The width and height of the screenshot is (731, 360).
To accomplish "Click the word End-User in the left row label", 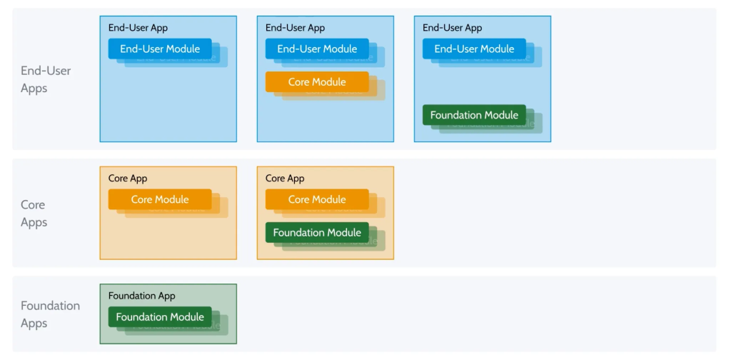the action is pos(46,71).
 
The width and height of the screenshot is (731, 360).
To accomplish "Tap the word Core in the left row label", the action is pos(33,205).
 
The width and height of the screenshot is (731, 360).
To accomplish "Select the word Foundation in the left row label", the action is pos(51,306).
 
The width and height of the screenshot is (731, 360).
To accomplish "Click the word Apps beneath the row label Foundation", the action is pos(34,324).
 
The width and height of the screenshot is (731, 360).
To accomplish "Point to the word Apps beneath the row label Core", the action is pos(34,222).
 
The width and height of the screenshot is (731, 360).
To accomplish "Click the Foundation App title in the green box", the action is pos(142,296).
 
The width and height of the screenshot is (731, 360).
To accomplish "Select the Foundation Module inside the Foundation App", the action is pos(160,317).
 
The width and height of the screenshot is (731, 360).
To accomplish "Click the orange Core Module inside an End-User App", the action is pos(317,82).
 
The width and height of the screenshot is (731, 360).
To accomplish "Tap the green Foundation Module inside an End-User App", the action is pos(474,115).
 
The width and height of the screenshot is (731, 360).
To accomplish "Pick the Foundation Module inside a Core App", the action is pos(317,232).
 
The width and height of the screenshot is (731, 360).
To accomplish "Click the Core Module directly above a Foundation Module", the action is pos(317,199).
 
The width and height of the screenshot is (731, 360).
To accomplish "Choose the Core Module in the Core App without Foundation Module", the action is pos(160,199).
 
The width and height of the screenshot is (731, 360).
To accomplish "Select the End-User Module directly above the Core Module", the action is pos(317,49).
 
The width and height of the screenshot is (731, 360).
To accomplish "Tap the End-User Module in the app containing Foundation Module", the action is pos(474,49).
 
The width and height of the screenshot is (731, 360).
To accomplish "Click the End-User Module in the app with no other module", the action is pos(160,49).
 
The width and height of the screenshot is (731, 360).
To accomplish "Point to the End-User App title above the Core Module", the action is pos(295,28).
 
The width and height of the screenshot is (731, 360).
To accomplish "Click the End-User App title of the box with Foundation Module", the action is pos(452,28).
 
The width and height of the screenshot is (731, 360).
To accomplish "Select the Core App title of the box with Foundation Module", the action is pos(285,179).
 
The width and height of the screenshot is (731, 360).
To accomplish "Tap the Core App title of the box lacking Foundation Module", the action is pos(128,179).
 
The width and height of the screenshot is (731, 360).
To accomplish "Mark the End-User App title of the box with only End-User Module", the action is pos(138,28).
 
